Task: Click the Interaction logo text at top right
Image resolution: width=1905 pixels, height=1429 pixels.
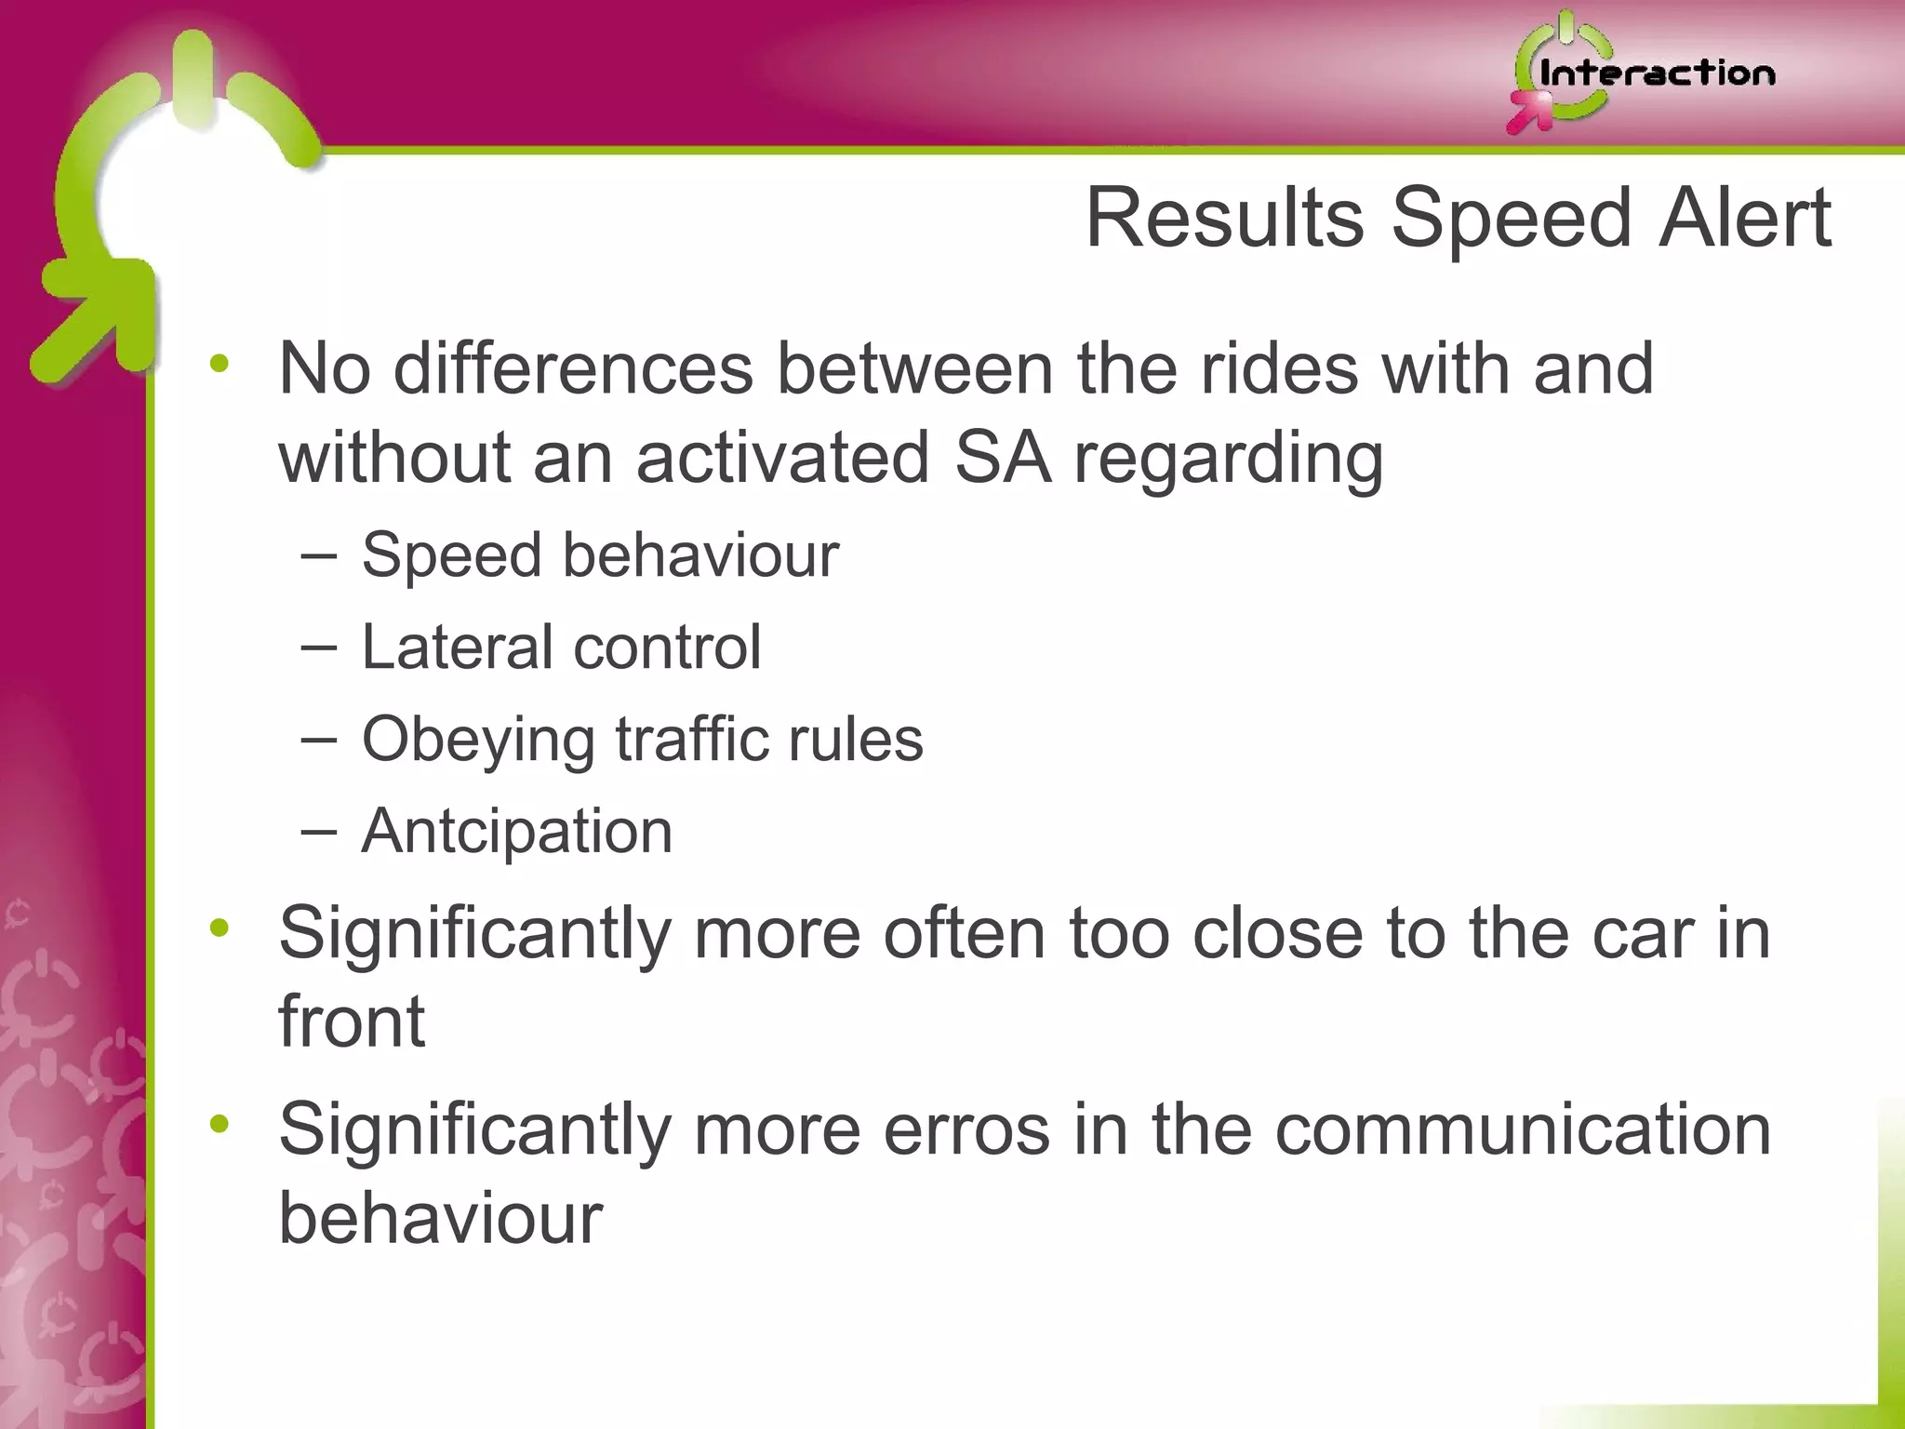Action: tap(1657, 73)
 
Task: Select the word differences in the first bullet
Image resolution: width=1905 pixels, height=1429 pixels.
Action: tap(573, 368)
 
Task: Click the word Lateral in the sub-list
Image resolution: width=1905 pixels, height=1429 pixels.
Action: tap(457, 647)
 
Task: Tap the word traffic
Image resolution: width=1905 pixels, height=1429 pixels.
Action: tap(691, 739)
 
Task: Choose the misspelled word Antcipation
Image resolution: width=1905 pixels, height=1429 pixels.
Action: tap(516, 830)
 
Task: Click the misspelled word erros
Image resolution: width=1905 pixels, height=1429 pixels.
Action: tap(966, 1129)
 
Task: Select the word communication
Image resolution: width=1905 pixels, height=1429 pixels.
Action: tap(1523, 1129)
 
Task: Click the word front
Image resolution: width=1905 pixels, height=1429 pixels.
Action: tap(352, 1022)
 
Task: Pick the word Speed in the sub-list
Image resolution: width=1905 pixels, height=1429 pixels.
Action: tap(451, 555)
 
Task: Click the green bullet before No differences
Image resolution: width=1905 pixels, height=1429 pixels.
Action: tap(220, 366)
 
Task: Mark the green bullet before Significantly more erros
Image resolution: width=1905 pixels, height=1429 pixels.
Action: tap(220, 1125)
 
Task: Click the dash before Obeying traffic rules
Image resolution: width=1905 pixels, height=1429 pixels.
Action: tap(319, 740)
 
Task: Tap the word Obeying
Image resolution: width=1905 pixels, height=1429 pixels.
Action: tap(478, 741)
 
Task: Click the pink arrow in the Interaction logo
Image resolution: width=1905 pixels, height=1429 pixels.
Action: tap(1530, 114)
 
